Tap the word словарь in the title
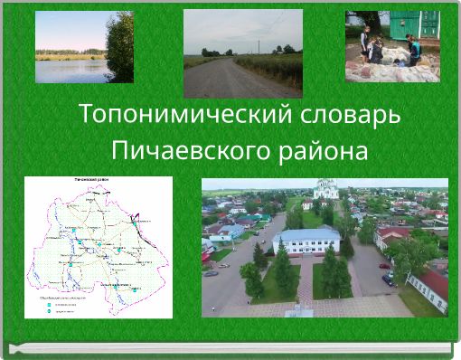(343, 115)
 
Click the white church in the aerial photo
(325, 189)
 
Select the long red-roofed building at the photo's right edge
(430, 288)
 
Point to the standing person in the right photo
(364, 41)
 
